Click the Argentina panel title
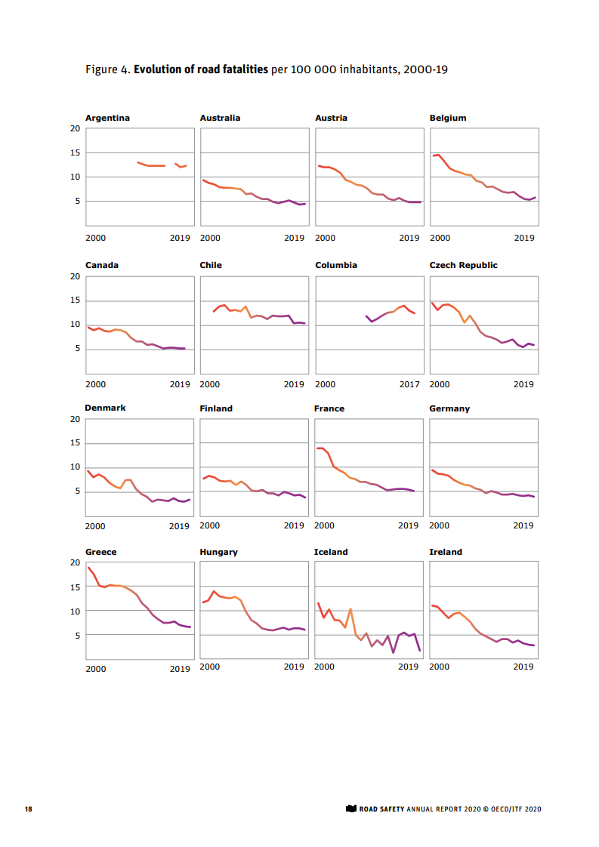107,118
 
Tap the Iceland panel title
331,552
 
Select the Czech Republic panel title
463,265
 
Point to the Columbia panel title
335,265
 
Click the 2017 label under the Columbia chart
409,385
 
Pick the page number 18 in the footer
28,809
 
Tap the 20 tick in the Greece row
75,563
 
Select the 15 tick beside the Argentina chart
75,152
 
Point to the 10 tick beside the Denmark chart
75,467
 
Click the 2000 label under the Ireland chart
439,667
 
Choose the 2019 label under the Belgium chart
524,238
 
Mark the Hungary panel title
218,552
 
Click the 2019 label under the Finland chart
294,525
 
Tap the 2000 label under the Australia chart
209,238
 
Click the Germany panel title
449,408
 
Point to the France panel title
329,408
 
